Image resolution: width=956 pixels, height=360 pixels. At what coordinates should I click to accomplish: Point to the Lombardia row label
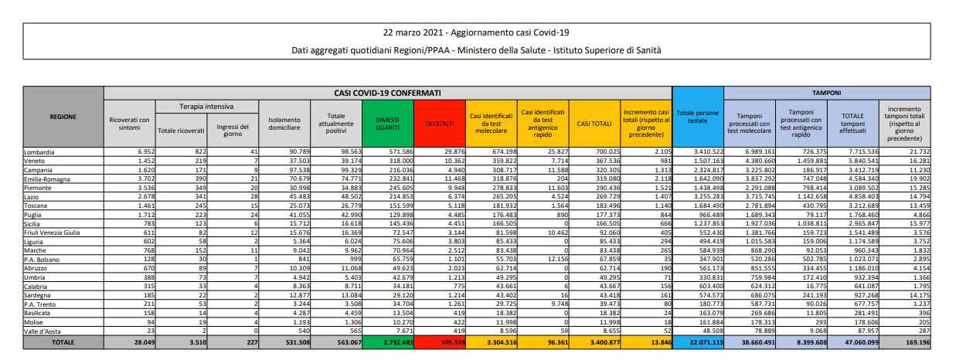[40, 152]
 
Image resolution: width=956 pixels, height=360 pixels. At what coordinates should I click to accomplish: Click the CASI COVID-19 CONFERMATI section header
[387, 93]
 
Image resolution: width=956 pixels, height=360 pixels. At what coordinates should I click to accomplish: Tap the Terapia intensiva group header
[206, 106]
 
